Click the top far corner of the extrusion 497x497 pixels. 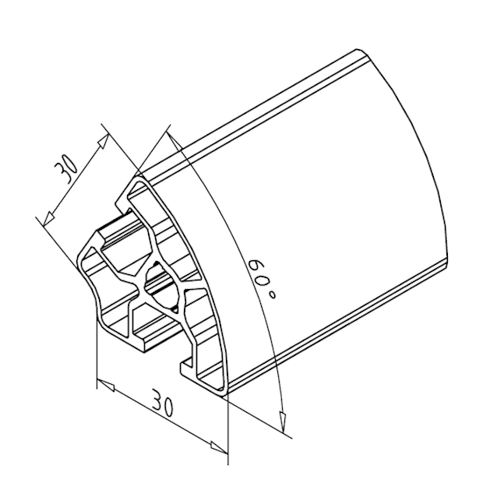click(x=358, y=53)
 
